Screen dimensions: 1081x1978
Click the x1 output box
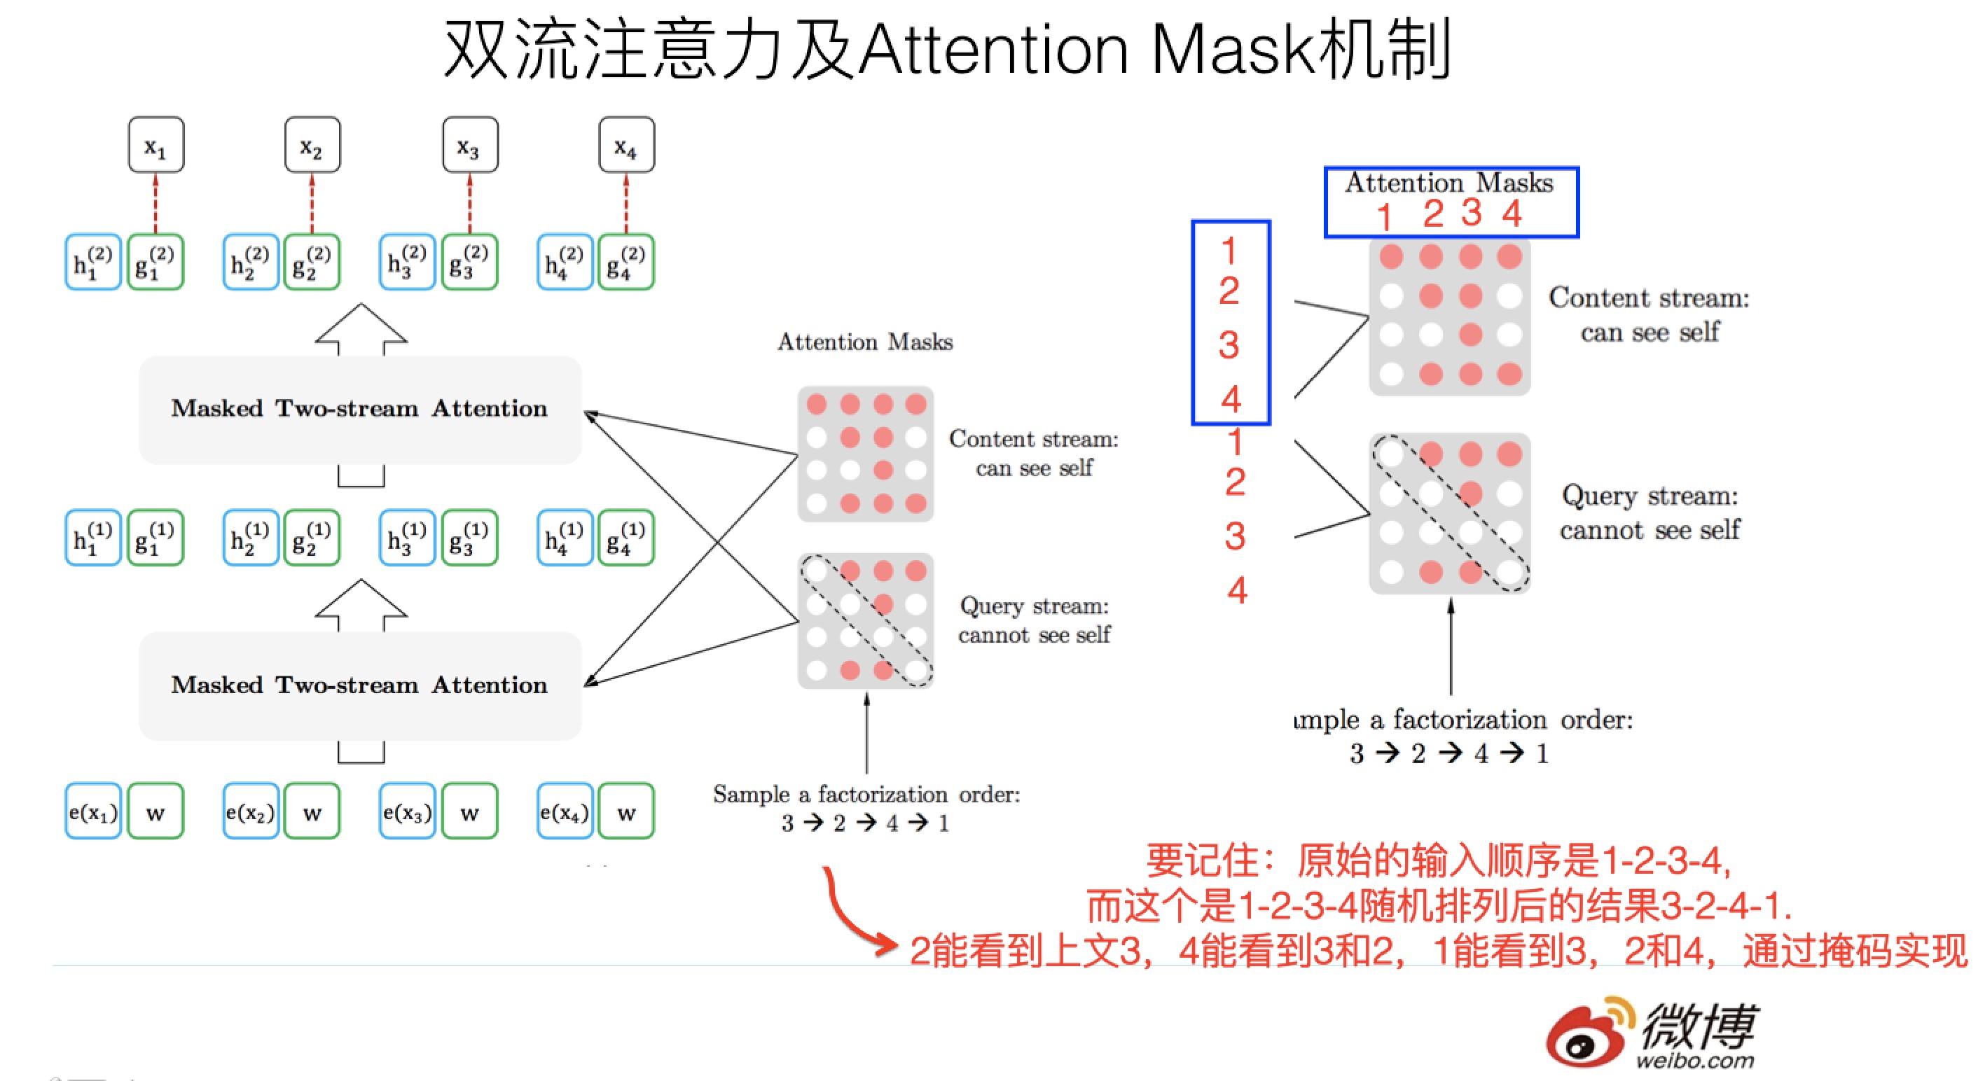click(156, 145)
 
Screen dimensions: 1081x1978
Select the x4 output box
click(627, 145)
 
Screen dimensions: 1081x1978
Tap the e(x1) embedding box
click(93, 811)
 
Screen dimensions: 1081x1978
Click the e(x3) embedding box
click(407, 811)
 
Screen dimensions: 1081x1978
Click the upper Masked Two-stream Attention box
click(359, 409)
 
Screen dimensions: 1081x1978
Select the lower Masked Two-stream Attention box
click(359, 685)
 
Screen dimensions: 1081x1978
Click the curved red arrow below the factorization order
click(852, 917)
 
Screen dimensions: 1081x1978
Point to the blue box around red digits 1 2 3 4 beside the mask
click(1231, 323)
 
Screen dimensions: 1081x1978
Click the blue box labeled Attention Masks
click(1451, 202)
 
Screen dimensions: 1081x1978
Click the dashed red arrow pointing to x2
click(312, 204)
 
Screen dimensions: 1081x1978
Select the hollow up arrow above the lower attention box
click(361, 606)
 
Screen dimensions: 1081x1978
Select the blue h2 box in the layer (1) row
click(250, 538)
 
